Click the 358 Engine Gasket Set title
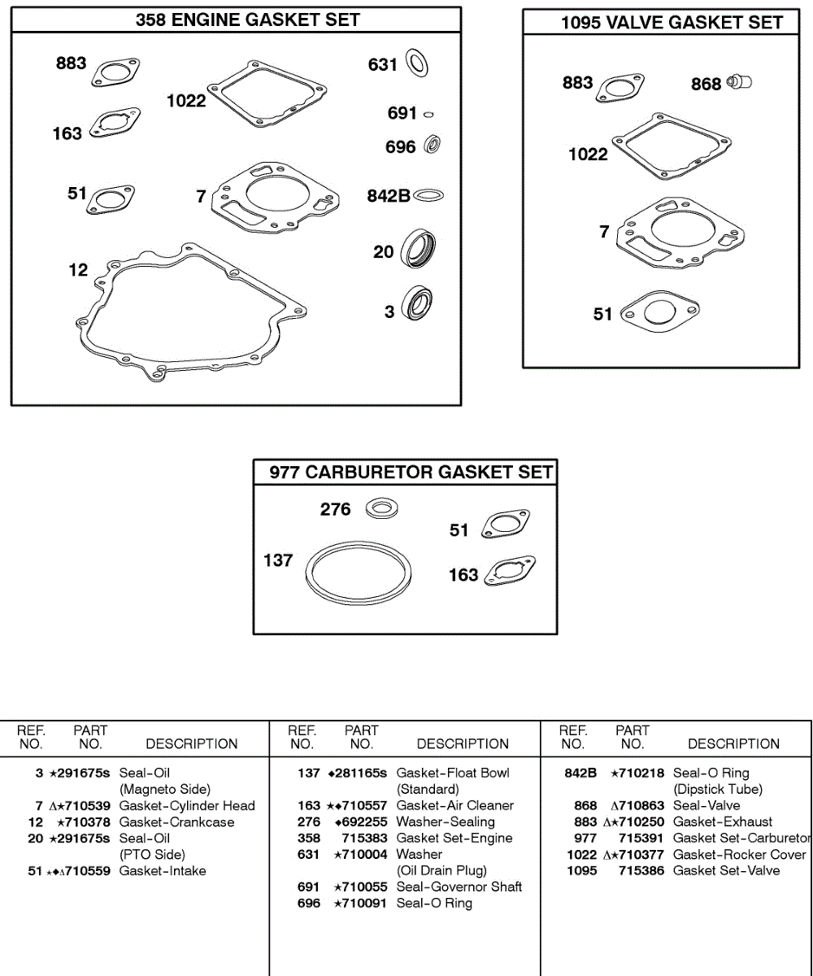point(247,20)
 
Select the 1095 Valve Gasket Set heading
point(672,23)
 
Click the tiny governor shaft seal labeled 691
point(429,115)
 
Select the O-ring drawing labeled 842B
point(429,196)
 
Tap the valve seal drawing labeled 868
point(739,82)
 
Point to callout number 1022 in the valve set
point(588,155)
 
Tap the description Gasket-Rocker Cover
point(739,855)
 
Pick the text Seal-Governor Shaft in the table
point(459,887)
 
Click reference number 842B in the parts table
point(580,773)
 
